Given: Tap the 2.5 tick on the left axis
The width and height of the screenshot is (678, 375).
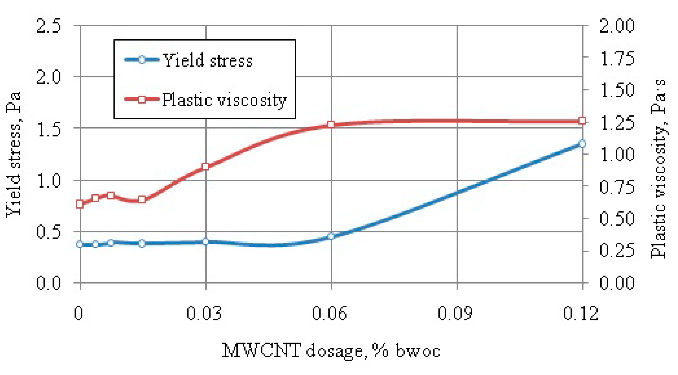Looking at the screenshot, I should pos(49,26).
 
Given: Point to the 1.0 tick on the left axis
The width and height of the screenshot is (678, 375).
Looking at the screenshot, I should pos(49,181).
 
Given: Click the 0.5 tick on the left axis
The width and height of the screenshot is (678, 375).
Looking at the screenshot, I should pos(49,232).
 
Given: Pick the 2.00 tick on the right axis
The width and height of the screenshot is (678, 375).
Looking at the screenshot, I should pos(617,26).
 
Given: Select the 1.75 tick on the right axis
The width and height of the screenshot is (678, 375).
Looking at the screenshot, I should pos(617,58).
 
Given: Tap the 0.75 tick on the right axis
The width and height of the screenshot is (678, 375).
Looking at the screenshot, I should pos(617,187).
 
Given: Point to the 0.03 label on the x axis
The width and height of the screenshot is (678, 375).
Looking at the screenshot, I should pos(204,313).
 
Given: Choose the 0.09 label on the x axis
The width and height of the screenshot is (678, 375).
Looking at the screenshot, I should pos(455,313).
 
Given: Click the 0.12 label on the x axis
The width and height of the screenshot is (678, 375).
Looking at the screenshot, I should pos(581,313).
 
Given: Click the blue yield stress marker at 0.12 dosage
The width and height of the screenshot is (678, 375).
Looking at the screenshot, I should pos(582,144).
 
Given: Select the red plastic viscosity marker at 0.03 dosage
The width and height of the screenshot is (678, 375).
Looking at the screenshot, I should pos(205,167).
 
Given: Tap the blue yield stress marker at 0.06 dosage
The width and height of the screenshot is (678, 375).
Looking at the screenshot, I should pos(331,236).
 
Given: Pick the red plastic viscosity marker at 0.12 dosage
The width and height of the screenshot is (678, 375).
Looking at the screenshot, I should pos(582,121).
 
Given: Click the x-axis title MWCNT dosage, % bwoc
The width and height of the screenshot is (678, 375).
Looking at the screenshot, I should pos(331,351).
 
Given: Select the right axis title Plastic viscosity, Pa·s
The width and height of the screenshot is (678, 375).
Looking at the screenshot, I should pos(658,169).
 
